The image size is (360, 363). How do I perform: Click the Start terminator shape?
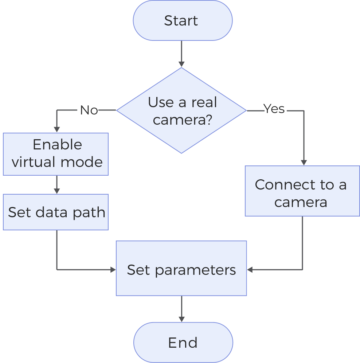182,20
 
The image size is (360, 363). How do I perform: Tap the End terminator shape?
183,343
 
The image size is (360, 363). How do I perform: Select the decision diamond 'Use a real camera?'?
181,110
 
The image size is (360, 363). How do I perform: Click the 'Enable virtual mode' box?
56,154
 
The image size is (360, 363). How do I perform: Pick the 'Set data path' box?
56,212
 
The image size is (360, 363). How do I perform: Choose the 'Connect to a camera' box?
302,191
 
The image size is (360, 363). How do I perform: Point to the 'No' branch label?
89,110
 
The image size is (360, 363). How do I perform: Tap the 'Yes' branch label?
274,109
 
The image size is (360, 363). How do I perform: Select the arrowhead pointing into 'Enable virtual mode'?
56,129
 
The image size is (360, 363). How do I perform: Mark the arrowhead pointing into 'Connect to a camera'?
303,163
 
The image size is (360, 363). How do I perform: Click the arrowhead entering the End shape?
181,319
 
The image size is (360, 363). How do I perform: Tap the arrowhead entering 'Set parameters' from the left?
113,270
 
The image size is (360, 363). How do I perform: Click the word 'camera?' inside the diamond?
182,120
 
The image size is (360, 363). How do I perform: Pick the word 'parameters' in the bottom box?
195,270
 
